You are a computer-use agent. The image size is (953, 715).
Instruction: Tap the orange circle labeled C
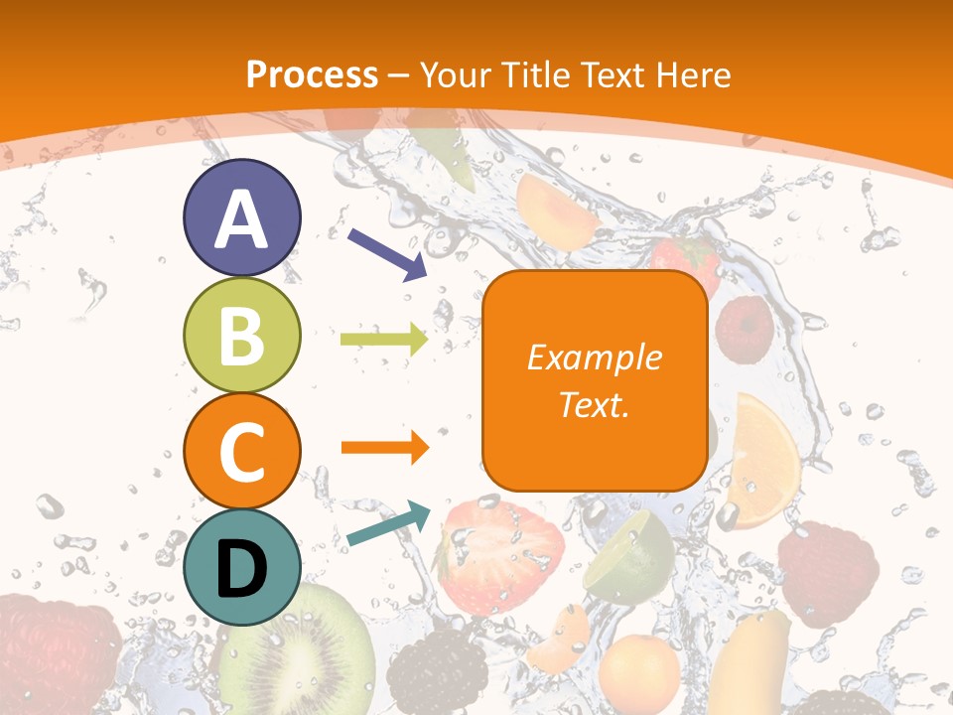coord(241,451)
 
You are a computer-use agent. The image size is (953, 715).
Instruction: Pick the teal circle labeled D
coord(241,567)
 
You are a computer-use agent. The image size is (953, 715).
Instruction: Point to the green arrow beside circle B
coord(384,340)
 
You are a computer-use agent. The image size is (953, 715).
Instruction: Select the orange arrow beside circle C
coord(384,448)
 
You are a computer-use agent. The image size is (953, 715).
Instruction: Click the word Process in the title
coord(312,74)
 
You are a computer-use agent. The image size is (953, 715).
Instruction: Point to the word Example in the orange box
coord(594,357)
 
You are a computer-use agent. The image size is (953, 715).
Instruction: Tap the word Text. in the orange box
coord(594,404)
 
